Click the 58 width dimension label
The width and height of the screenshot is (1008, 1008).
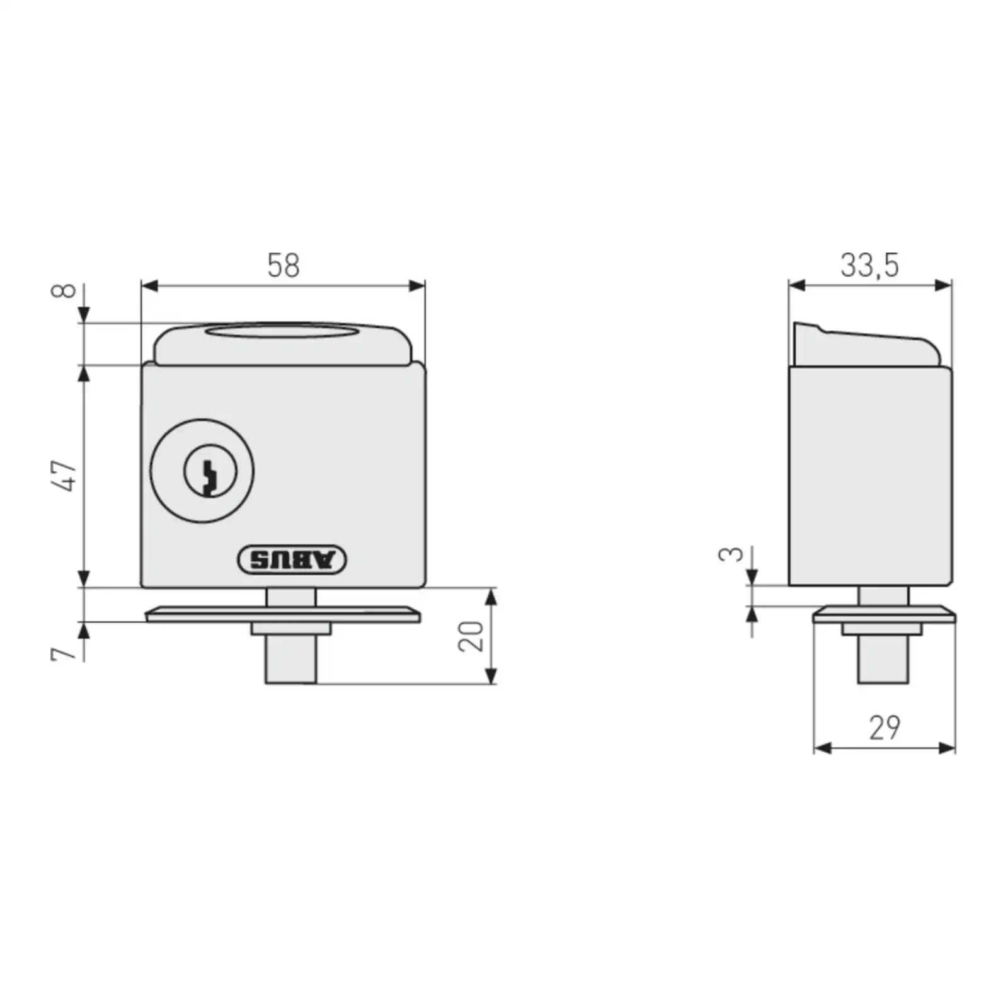click(x=283, y=265)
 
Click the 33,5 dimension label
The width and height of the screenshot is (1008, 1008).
click(x=869, y=265)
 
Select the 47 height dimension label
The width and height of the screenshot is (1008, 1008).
click(x=66, y=476)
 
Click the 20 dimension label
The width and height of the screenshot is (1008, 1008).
click(x=471, y=636)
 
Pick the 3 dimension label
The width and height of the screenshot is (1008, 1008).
click(x=731, y=554)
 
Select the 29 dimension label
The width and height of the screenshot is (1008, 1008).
click(x=885, y=728)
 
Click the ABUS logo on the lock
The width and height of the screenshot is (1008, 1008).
click(x=292, y=559)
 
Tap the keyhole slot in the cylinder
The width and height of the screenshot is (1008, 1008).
click(x=209, y=476)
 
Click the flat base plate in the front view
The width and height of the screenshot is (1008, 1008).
click(x=283, y=615)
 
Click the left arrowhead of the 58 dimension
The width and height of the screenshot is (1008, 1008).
click(x=149, y=286)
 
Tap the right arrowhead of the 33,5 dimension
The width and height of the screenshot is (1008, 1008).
click(x=944, y=285)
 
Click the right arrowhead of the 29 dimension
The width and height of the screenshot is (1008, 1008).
click(x=948, y=748)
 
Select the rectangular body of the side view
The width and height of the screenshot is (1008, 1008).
click(x=870, y=476)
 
